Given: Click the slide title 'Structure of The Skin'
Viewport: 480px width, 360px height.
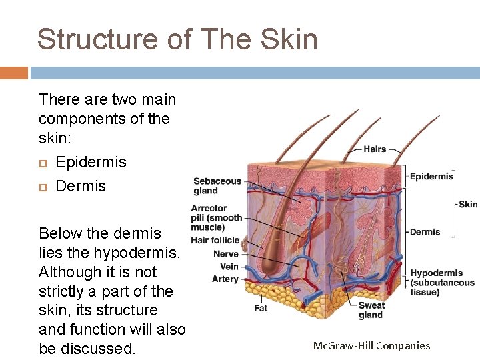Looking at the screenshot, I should tap(177, 39).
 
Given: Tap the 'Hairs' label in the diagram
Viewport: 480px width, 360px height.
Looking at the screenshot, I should tap(375, 149).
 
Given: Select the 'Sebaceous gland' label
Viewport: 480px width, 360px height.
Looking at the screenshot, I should tap(217, 185).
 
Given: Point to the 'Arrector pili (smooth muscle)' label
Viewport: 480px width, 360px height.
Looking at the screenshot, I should tap(217, 218).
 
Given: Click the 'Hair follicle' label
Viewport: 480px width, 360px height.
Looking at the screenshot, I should tap(215, 240).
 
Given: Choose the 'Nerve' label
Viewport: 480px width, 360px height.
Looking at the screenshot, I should tap(226, 254).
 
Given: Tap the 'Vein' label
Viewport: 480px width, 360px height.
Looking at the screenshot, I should tap(229, 267).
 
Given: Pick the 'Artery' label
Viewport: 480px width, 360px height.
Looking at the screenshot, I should tap(225, 279).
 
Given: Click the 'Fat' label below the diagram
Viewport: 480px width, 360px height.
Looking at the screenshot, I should tap(261, 309).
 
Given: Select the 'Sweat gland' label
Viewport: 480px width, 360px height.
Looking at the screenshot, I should tap(371, 310).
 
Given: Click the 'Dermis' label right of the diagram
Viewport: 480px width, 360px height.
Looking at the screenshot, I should tap(425, 232).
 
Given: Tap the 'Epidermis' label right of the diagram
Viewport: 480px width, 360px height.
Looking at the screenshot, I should tap(431, 176).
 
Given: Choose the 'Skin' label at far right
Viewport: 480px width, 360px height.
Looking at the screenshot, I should tap(468, 204).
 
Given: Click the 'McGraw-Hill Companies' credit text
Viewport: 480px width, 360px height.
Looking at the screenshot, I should tap(371, 345).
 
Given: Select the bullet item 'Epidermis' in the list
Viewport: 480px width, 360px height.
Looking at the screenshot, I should tap(91, 162).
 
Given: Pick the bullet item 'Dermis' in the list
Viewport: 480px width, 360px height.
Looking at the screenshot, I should tap(81, 186).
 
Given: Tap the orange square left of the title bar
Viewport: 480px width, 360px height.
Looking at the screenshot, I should tap(14, 73).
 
